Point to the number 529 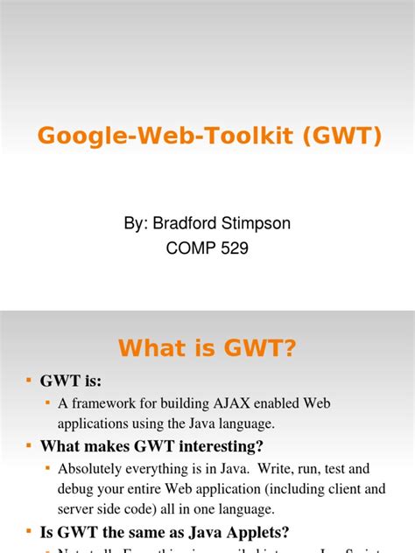coord(232,248)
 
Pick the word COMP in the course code coord(187,248)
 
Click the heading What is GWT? coord(207,348)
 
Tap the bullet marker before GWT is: coord(29,381)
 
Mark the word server coord(79,507)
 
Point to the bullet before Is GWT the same coord(29,530)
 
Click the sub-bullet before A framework coord(48,402)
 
